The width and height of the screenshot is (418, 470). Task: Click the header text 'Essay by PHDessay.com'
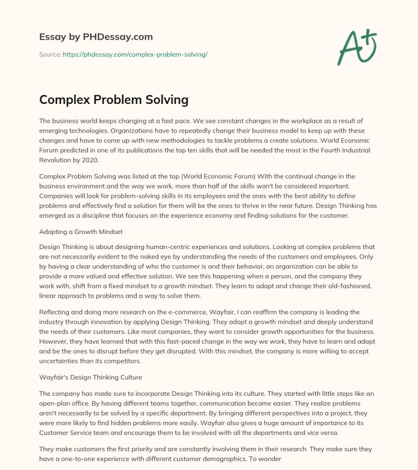[x=96, y=37]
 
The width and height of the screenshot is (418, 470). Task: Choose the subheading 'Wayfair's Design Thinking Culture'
[x=90, y=376]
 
